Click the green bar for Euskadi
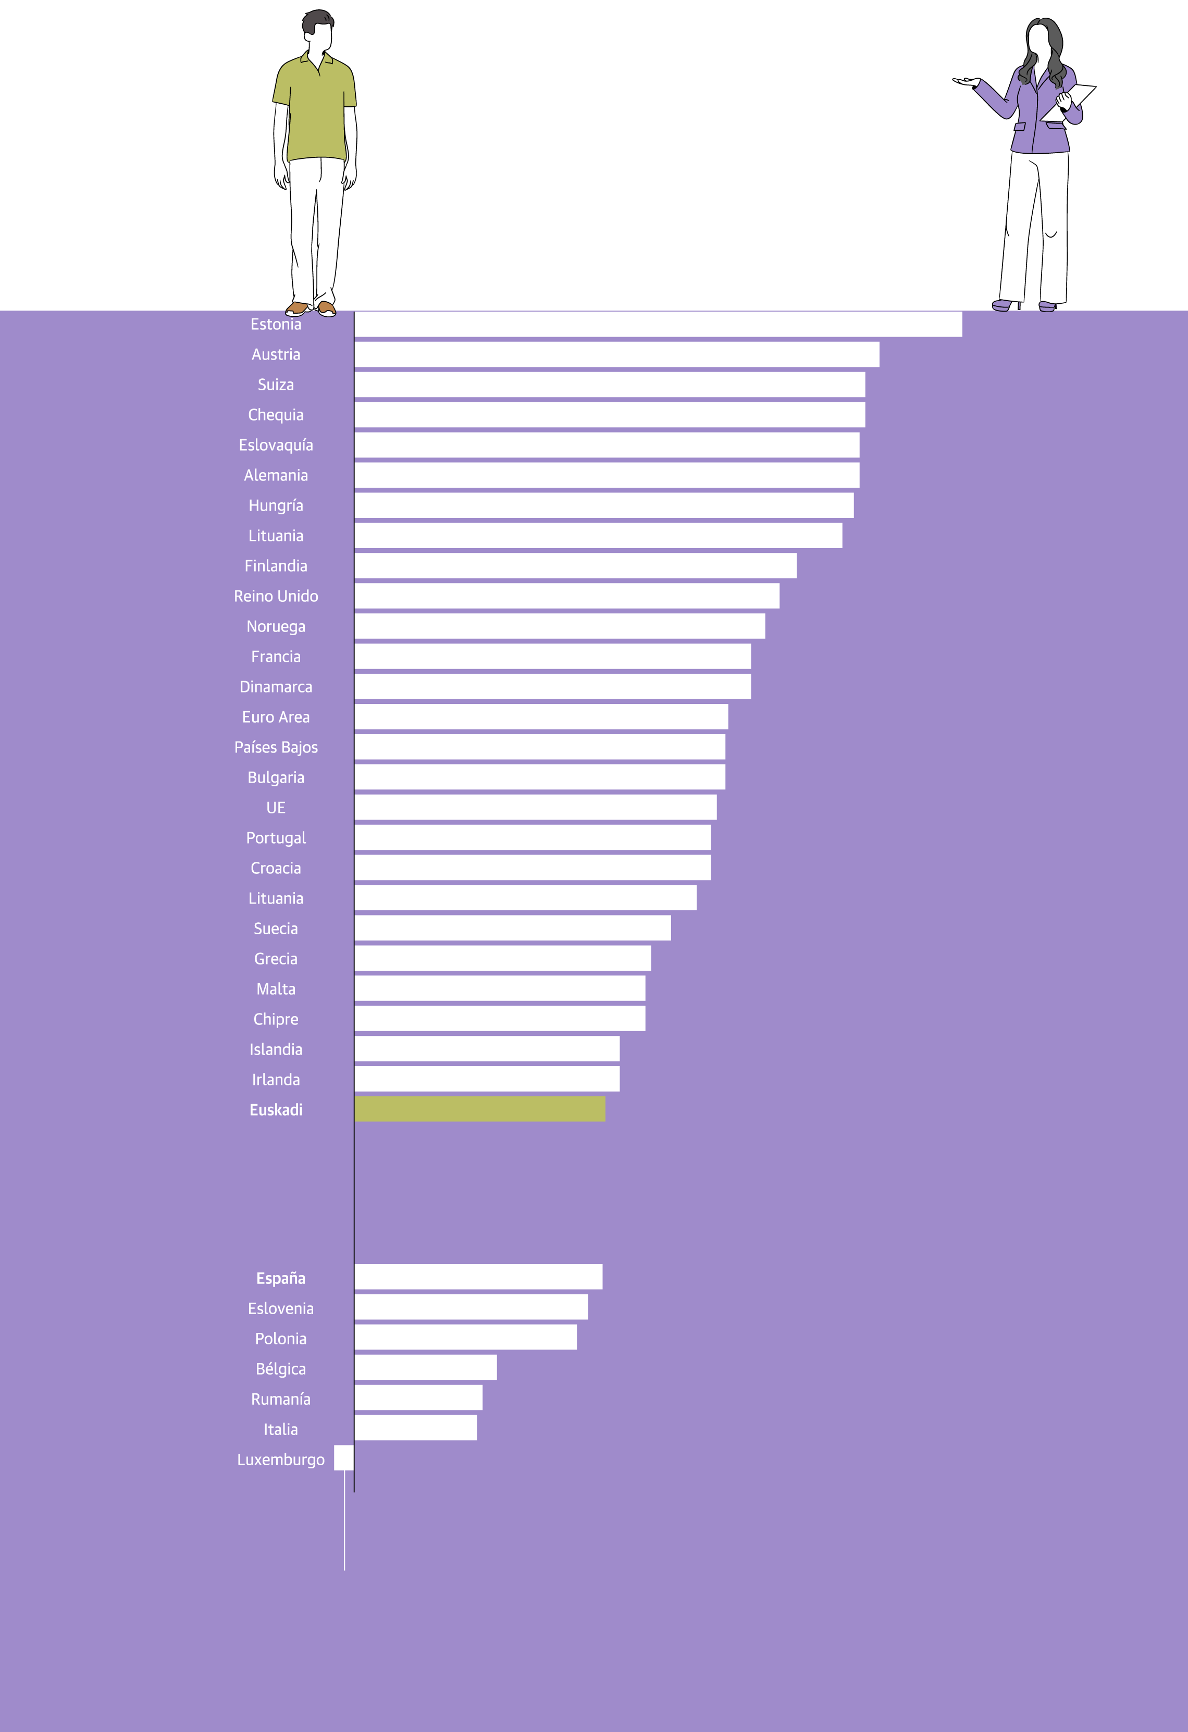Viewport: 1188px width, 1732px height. pos(479,1109)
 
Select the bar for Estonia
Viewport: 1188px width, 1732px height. pos(658,324)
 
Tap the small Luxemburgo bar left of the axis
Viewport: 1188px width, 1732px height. pos(343,1458)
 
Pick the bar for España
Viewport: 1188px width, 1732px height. pos(478,1277)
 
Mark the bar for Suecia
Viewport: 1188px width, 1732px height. pos(512,928)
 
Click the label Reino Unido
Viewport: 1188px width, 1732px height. pos(276,596)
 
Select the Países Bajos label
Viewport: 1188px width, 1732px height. pos(276,748)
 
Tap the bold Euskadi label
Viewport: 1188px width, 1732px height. pos(276,1110)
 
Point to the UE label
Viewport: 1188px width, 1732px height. pos(276,808)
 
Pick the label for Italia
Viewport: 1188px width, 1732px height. pos(280,1429)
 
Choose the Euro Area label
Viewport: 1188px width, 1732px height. pos(276,717)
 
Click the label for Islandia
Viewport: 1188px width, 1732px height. pos(276,1049)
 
